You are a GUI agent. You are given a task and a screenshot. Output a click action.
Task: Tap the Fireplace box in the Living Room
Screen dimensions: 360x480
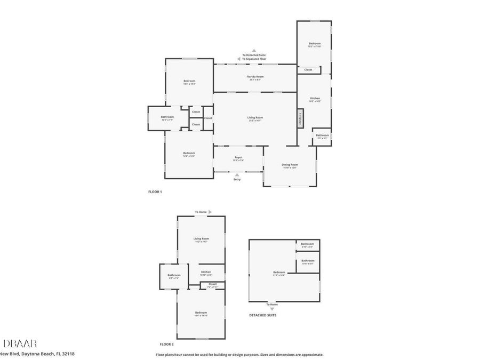[x=301, y=118]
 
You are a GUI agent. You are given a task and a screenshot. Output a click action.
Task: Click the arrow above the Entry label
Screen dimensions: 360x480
[x=237, y=174]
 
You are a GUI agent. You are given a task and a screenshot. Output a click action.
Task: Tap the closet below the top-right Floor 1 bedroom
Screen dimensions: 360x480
[x=308, y=70]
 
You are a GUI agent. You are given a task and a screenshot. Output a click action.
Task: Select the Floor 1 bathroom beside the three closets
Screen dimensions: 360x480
[x=167, y=118]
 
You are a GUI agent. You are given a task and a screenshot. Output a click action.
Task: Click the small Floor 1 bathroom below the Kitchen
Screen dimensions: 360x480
[x=322, y=136]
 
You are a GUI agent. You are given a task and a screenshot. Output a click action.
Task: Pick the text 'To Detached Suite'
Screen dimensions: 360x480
[x=254, y=55]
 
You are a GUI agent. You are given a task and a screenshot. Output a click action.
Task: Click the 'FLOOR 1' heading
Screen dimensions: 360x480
[x=155, y=191]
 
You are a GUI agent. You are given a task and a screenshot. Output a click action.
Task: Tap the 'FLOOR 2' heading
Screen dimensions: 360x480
[x=166, y=344]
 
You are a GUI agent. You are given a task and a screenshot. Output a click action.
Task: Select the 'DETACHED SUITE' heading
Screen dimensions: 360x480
[x=262, y=315]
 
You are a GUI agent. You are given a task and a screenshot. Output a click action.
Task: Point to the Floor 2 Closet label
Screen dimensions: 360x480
[x=212, y=285]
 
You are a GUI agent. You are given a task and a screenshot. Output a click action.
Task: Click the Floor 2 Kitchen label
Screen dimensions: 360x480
[x=206, y=273]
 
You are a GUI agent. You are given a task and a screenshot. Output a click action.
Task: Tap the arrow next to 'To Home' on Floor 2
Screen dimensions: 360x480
[x=210, y=212]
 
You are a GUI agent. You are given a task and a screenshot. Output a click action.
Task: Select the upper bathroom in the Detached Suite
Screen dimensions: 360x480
[x=308, y=245]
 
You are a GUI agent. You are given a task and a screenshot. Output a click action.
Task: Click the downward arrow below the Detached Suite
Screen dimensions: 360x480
[x=272, y=309]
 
